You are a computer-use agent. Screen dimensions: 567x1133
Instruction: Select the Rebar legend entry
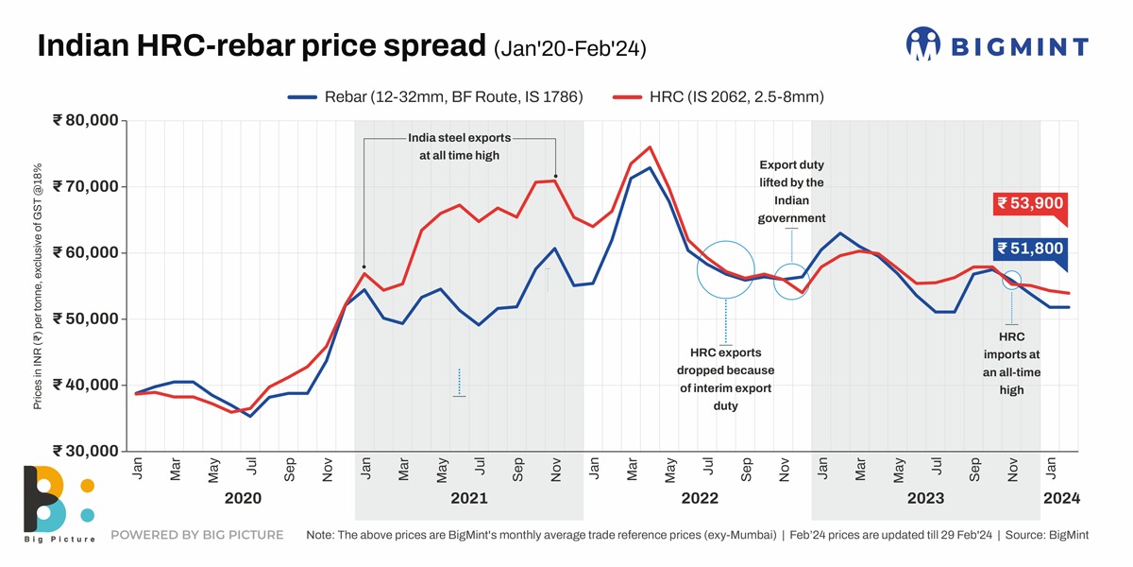click(435, 96)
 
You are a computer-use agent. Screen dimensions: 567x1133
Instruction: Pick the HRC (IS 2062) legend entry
click(721, 96)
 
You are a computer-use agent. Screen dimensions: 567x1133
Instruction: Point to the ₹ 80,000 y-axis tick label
click(86, 120)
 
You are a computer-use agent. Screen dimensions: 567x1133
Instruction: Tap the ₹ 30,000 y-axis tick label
click(86, 451)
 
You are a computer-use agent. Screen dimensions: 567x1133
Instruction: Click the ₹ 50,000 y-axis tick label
click(86, 318)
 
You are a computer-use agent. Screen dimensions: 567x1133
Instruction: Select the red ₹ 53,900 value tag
click(1031, 203)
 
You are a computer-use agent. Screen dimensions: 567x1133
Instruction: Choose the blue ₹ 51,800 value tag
click(1031, 249)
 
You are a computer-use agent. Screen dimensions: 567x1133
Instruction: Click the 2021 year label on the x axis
click(468, 498)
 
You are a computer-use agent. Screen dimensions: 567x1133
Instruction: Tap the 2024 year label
click(1060, 498)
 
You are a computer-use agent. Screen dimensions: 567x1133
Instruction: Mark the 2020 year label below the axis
click(241, 498)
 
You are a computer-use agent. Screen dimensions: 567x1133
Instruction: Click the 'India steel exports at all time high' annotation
click(459, 146)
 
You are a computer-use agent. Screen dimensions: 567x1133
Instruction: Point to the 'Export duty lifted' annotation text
click(791, 192)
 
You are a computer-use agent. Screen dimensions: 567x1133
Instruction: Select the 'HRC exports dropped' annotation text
click(725, 379)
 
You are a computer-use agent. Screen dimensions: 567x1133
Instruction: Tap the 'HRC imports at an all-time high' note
click(1011, 363)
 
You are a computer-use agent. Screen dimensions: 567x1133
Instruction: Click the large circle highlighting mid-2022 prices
click(725, 270)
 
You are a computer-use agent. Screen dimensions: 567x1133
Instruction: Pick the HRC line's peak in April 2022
click(650, 147)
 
